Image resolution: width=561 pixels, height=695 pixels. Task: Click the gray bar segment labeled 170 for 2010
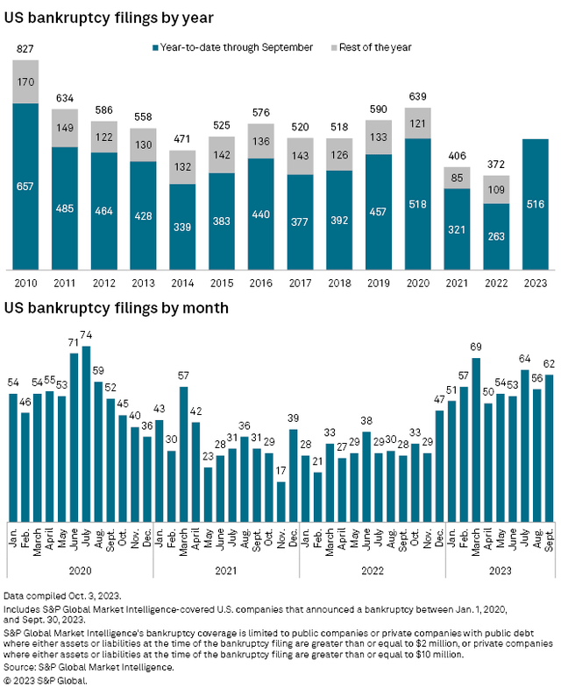click(x=26, y=82)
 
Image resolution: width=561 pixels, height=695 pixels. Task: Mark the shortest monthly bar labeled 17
click(x=280, y=502)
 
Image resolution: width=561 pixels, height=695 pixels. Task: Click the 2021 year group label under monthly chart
click(x=226, y=569)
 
